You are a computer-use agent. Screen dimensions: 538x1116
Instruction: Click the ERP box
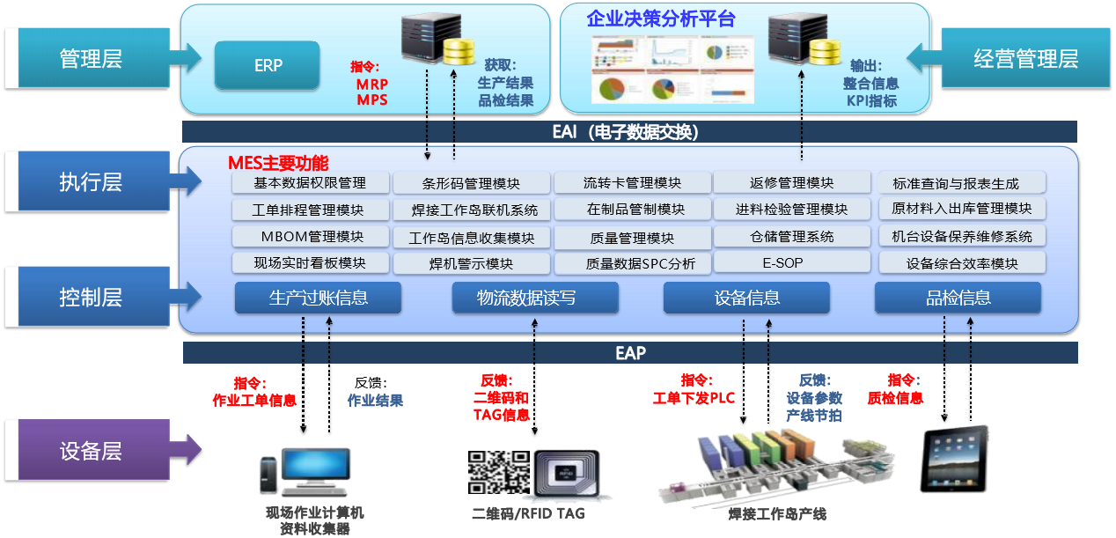click(268, 66)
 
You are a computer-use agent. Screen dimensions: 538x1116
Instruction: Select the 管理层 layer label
click(90, 59)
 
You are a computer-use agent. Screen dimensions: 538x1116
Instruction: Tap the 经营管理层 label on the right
click(1025, 59)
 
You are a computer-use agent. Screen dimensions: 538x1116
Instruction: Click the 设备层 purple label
click(90, 452)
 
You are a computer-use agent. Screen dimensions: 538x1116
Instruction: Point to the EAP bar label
click(630, 353)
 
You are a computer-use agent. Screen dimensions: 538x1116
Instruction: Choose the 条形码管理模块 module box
click(471, 184)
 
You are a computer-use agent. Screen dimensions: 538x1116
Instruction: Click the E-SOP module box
click(782, 262)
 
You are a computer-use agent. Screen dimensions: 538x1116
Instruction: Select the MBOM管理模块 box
click(312, 237)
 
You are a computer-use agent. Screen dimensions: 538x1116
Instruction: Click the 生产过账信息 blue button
click(318, 298)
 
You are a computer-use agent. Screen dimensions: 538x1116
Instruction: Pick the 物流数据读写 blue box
click(535, 298)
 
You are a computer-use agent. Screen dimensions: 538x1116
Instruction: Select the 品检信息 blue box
click(958, 298)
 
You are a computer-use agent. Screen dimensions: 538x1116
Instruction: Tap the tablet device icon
click(954, 459)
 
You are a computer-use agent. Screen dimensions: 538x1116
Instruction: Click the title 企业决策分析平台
click(661, 19)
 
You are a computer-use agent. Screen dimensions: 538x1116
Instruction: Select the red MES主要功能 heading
click(278, 163)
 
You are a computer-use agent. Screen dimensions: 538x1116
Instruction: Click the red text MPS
click(372, 99)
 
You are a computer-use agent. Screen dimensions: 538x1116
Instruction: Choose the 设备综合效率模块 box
click(962, 263)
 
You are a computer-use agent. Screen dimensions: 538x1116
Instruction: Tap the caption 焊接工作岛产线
click(777, 513)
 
